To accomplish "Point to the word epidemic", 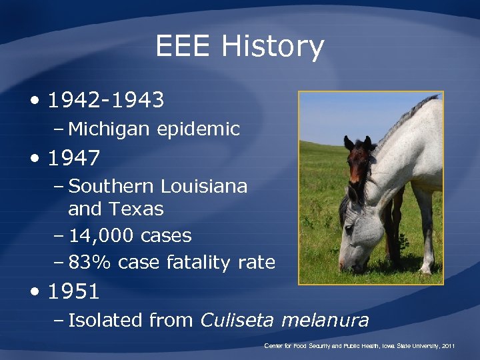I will [199, 128].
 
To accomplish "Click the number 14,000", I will [101, 235].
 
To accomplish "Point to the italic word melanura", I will [325, 320].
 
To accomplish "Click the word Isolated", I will [105, 320].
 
